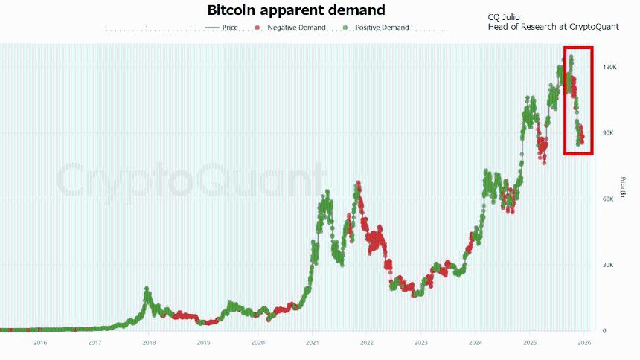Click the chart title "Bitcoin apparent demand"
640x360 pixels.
tap(296, 10)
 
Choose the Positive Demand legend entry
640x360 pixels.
tap(380, 28)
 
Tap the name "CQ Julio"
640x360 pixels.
tap(505, 16)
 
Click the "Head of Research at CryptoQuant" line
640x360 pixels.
tap(553, 27)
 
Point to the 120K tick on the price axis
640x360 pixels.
tap(609, 67)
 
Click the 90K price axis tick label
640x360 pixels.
tap(608, 133)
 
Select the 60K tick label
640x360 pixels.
tap(608, 199)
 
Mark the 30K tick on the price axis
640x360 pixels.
tap(608, 265)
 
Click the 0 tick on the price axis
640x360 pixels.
tap(604, 331)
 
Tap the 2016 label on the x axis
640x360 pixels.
tap(40, 343)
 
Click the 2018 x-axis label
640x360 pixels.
tap(149, 343)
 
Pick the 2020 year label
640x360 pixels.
tap(257, 343)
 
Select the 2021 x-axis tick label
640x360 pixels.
tap(312, 343)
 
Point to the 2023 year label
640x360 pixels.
tap(421, 343)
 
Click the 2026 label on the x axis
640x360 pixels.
tap(584, 343)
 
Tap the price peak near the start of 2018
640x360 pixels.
tap(147, 289)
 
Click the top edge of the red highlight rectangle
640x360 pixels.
tap(578, 48)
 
